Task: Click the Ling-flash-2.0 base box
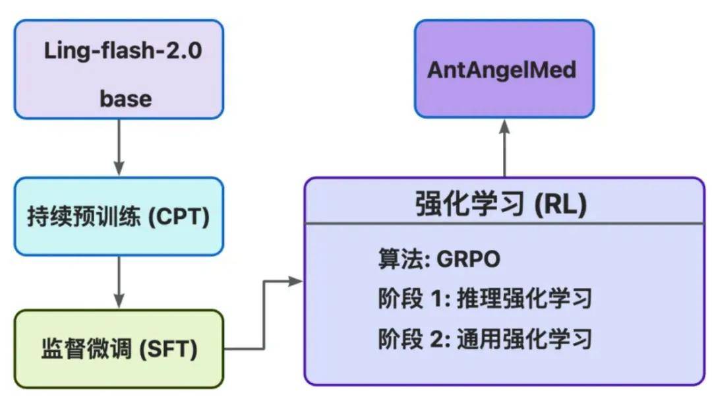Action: [x=119, y=69]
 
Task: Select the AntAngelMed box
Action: [x=504, y=69]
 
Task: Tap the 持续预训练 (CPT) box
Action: [x=119, y=216]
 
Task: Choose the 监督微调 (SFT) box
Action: [x=119, y=349]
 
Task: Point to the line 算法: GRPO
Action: [x=438, y=259]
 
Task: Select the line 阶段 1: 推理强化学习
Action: [x=485, y=299]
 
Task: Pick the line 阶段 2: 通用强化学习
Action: [x=485, y=339]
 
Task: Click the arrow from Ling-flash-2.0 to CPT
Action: [x=119, y=148]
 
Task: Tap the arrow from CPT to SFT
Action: [x=119, y=282]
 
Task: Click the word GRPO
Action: [x=467, y=259]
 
